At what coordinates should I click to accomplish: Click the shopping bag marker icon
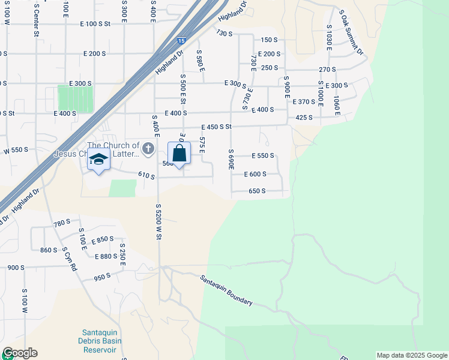[179, 154]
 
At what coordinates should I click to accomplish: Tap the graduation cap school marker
[98, 160]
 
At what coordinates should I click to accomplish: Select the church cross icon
[148, 147]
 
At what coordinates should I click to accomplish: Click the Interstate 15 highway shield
[181, 41]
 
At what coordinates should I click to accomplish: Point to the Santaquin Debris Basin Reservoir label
[101, 341]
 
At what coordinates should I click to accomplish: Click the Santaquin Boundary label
[226, 290]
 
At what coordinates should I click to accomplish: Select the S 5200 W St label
[158, 222]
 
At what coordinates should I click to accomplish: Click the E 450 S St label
[216, 127]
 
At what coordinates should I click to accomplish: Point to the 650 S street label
[256, 191]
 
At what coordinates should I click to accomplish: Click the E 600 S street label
[255, 174]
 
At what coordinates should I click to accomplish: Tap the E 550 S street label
[259, 155]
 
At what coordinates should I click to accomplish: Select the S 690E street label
[231, 160]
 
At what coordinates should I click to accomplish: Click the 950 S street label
[102, 278]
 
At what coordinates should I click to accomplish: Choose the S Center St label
[36, 22]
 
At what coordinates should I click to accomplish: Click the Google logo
[19, 353]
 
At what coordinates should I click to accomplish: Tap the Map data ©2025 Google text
[411, 355]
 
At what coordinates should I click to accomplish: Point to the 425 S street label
[304, 118]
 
